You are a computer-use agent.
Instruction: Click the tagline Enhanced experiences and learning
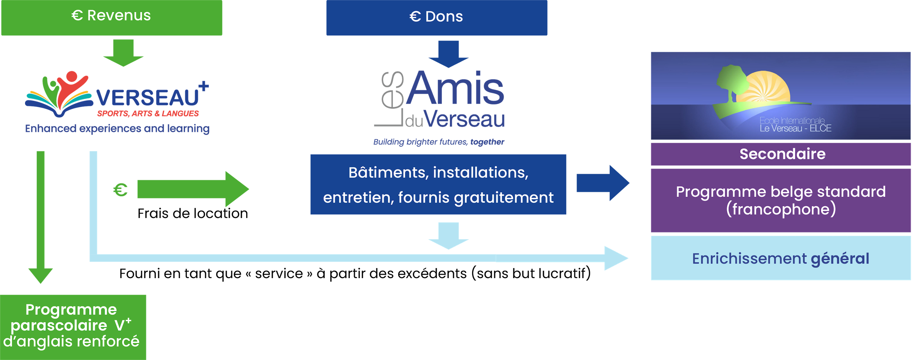(x=117, y=128)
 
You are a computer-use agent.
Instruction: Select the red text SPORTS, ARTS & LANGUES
(x=148, y=114)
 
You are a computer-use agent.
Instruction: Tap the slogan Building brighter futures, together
(x=439, y=142)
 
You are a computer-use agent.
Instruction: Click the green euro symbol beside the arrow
(x=120, y=190)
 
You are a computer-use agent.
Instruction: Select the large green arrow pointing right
(x=193, y=189)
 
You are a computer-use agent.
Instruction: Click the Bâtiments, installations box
(x=438, y=184)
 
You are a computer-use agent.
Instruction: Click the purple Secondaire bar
(x=781, y=154)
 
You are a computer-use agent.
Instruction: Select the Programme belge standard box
(x=781, y=201)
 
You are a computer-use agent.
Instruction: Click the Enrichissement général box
(x=781, y=258)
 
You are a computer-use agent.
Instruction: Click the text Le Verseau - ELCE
(x=796, y=128)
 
